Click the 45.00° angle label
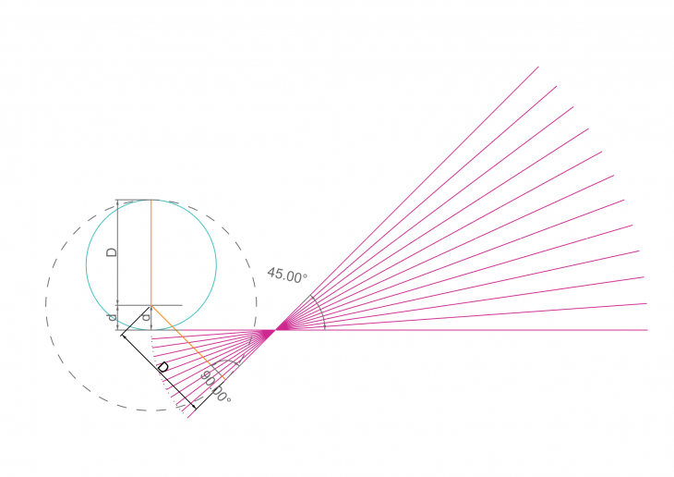point(287,275)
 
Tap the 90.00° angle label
point(216,386)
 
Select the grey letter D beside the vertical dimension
point(112,252)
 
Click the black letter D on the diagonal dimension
point(162,368)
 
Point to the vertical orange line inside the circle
point(150,252)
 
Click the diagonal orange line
point(187,343)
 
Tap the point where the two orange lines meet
point(150,306)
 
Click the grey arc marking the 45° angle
point(319,311)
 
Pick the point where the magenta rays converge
point(275,330)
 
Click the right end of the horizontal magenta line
point(647,330)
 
